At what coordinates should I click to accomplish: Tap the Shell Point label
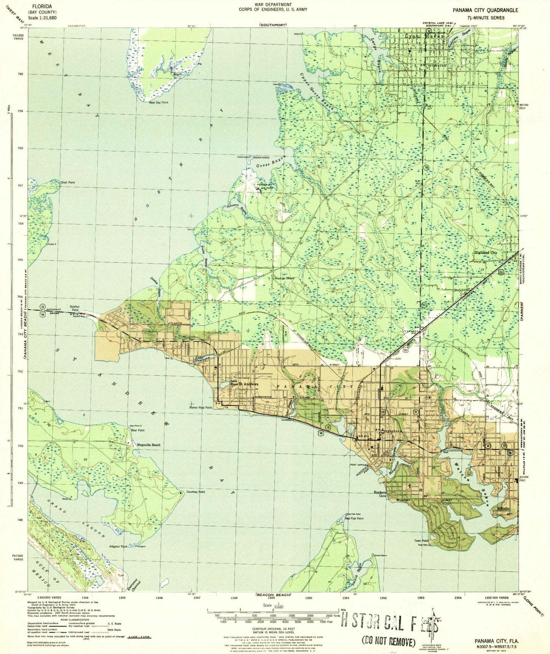point(68,183)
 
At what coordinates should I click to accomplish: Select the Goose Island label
point(261,157)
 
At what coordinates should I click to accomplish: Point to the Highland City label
point(485,252)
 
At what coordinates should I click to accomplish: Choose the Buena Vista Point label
point(200,407)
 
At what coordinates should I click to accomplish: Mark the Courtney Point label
point(196,492)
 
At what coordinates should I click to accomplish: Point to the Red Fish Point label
point(354,518)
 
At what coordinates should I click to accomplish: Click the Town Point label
point(421,541)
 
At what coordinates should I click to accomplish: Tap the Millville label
point(503,509)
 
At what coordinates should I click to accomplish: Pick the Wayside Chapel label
point(285,278)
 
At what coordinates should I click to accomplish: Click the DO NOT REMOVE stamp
point(388,641)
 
